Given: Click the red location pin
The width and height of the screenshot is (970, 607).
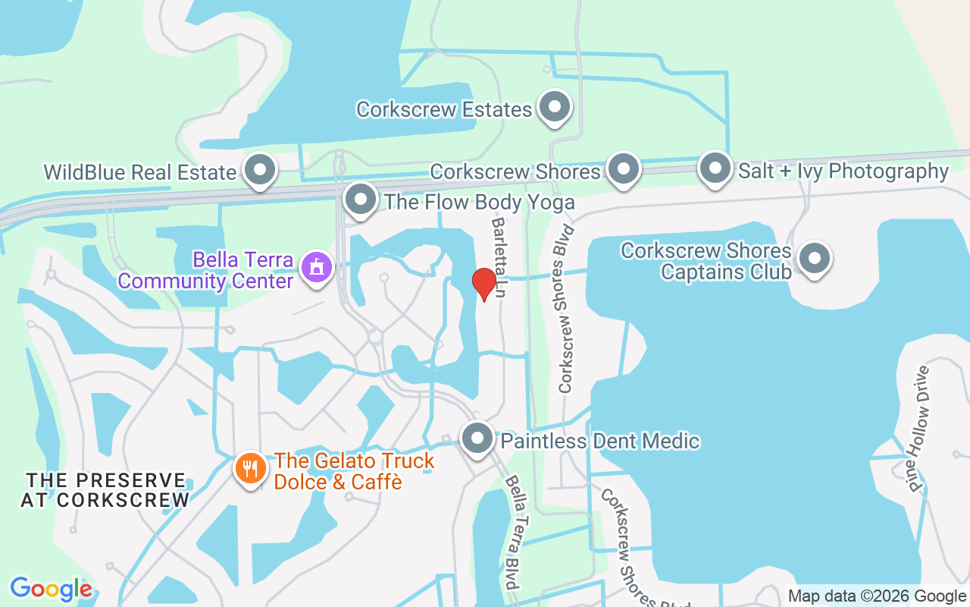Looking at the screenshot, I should tap(483, 285).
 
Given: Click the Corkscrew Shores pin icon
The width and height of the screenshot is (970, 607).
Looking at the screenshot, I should tap(624, 169).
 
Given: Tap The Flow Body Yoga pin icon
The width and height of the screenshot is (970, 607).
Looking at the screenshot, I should tap(360, 200).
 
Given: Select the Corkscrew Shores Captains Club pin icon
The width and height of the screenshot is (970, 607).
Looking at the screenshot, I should tap(814, 259).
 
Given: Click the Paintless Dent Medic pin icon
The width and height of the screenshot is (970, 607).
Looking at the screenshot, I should tap(477, 439).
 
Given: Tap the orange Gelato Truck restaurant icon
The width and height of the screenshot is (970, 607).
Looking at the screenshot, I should tap(250, 468).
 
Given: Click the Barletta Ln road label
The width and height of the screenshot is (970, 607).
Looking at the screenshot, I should tap(499, 258).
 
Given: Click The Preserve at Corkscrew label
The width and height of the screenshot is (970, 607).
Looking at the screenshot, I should tap(105, 490).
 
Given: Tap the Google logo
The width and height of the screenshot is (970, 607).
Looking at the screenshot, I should tap(51, 589).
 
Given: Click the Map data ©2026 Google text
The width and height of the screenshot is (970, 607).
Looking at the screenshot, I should tap(877, 596).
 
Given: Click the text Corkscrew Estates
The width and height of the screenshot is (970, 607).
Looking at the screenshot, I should tap(444, 109).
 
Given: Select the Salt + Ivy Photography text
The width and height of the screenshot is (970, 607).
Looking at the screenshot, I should tap(843, 171).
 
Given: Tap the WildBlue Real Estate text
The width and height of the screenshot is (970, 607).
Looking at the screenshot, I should tap(140, 172).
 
